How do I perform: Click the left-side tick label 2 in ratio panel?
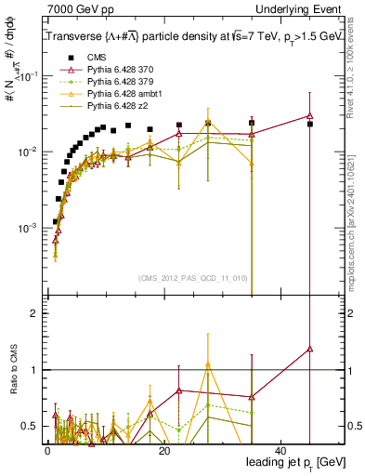[33, 313]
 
